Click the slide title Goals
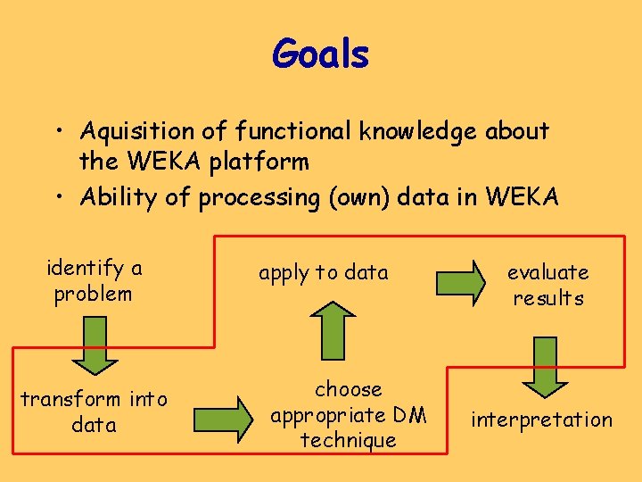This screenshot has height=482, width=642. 320,54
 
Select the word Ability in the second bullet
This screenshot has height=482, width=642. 119,196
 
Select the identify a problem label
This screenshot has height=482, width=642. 94,280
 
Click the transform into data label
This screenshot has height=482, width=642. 94,411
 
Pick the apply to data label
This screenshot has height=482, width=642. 324,273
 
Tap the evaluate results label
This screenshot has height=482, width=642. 547,285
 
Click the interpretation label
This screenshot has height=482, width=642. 542,420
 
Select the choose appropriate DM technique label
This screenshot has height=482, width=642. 349,414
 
